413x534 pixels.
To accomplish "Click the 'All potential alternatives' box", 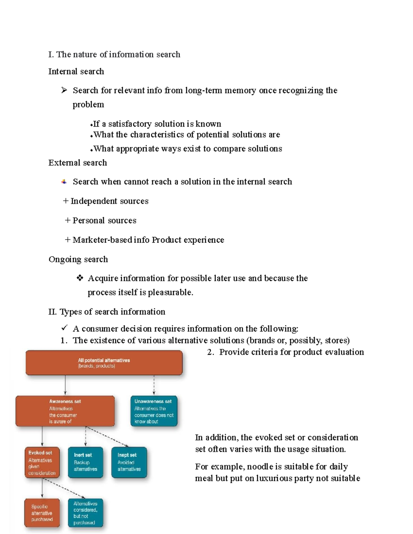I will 104,363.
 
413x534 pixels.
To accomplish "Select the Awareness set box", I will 65,411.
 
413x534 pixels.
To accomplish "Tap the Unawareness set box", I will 154,411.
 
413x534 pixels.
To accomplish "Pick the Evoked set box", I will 42,462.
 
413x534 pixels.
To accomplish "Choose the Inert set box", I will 85,462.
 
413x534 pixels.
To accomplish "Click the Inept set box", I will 129,462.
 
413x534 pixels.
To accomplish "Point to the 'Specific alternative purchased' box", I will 42,513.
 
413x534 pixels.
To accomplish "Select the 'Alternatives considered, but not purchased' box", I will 85,513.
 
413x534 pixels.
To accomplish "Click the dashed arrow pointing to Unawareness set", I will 154,385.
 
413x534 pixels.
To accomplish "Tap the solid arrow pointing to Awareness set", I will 65,385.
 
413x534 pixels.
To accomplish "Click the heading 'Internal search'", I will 76,72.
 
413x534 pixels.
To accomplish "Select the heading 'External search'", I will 77,163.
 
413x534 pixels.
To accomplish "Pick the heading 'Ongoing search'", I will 78,259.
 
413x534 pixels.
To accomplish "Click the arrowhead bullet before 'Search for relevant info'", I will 64,90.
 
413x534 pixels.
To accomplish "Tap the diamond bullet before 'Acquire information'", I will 80,278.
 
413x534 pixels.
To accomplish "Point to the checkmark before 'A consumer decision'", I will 64,328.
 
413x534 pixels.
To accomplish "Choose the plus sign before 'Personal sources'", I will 67,220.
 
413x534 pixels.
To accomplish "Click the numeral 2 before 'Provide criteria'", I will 210,352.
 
